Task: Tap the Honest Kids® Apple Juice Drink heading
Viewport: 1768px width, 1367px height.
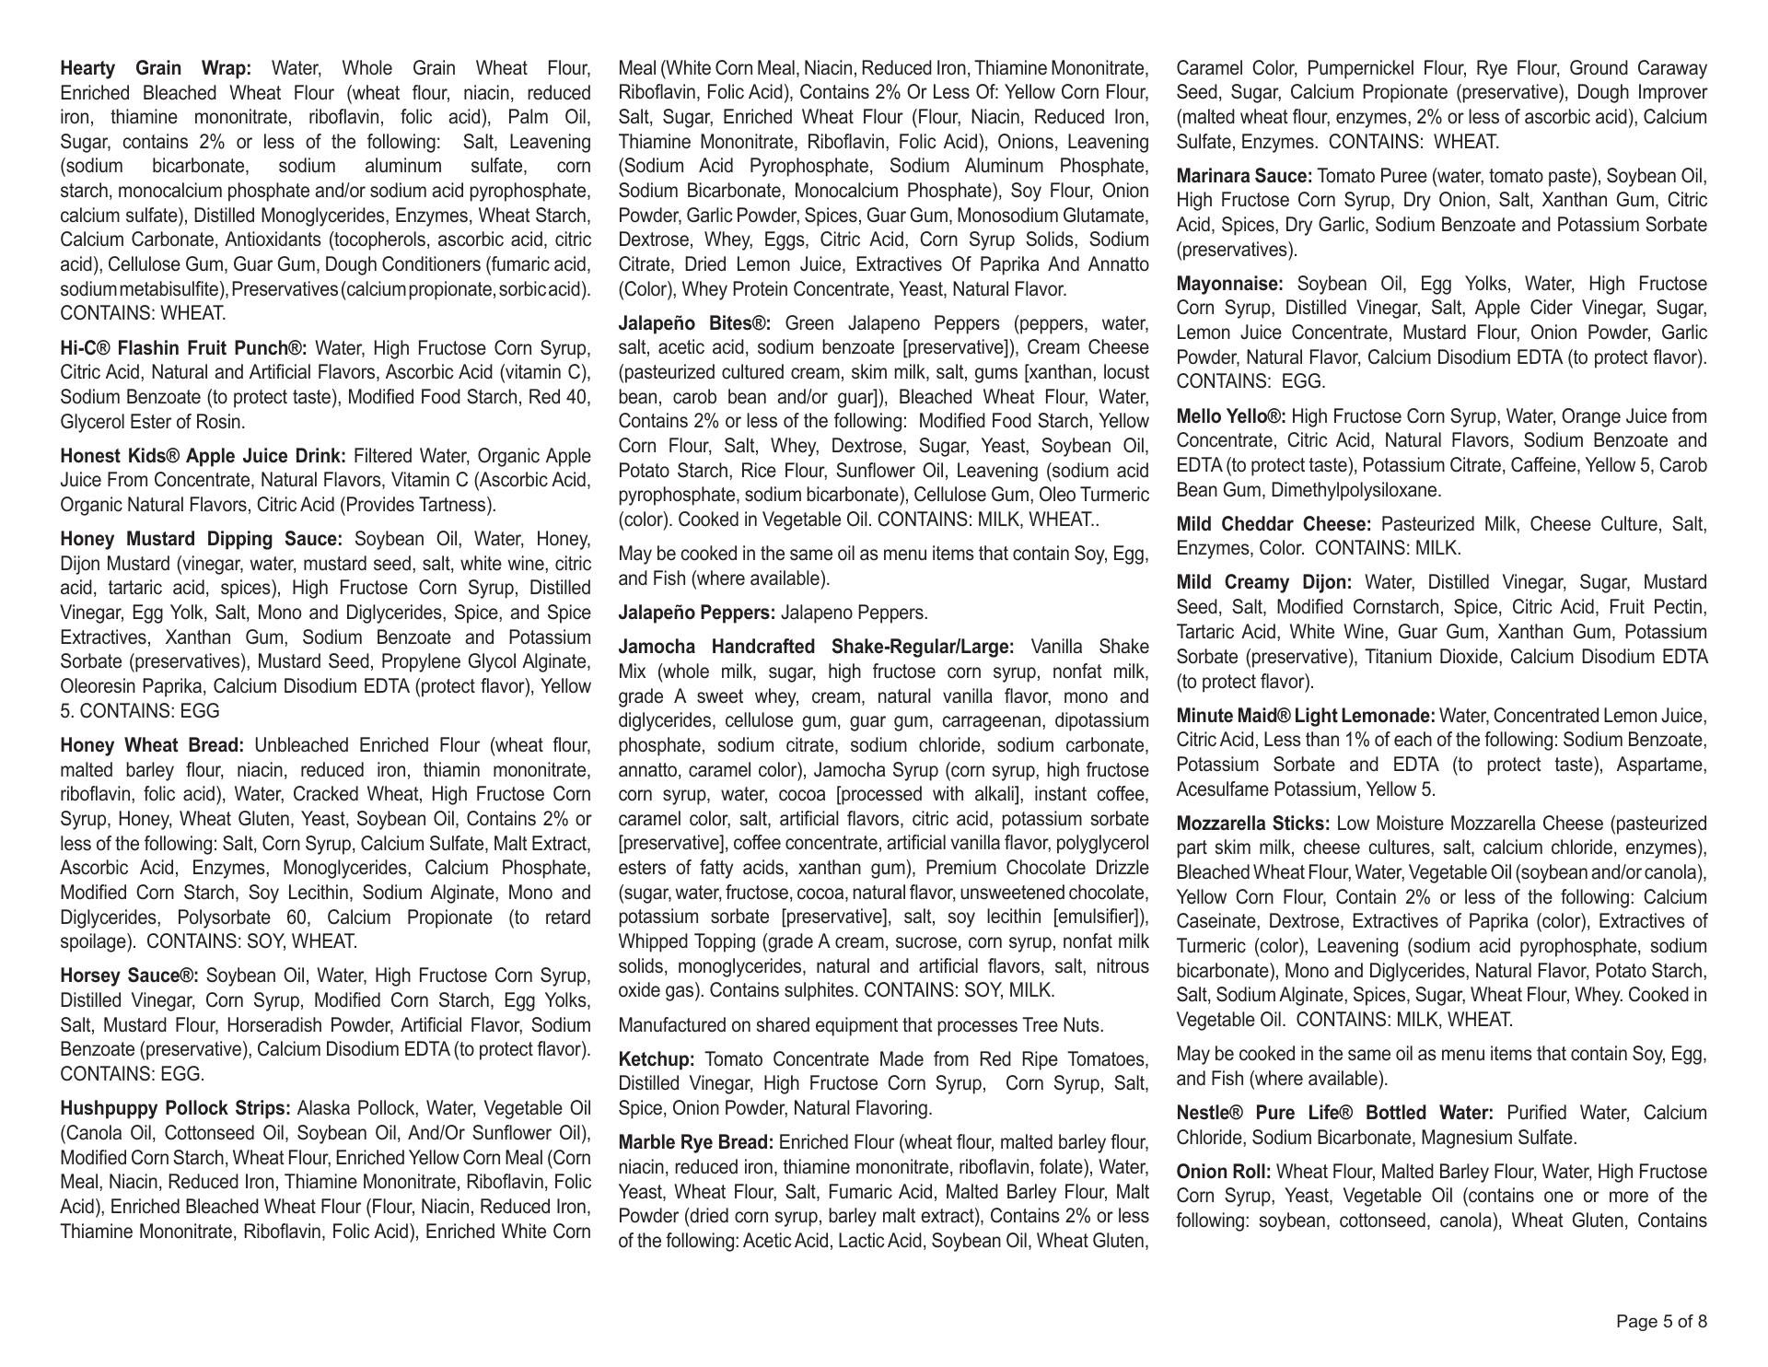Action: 203,456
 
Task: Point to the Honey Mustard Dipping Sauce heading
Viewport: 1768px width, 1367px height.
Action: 201,539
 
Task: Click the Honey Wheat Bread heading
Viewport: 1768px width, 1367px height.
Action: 152,745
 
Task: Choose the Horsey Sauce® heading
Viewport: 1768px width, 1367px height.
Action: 129,976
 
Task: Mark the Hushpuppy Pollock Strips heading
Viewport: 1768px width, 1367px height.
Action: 175,1108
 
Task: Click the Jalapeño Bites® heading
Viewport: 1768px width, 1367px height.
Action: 694,323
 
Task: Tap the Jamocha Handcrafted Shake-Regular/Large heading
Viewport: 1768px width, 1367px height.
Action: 816,647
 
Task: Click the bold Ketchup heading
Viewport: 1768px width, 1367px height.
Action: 657,1059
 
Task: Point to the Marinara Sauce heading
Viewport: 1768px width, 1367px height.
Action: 1244,176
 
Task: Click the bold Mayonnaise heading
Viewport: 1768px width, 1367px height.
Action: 1230,284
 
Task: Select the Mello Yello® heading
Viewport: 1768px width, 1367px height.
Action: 1231,416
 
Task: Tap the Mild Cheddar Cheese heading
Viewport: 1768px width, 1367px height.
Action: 1274,524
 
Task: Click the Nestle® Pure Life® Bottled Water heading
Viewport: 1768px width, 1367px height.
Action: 1335,1113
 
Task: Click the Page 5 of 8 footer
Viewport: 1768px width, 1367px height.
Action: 1661,1322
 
